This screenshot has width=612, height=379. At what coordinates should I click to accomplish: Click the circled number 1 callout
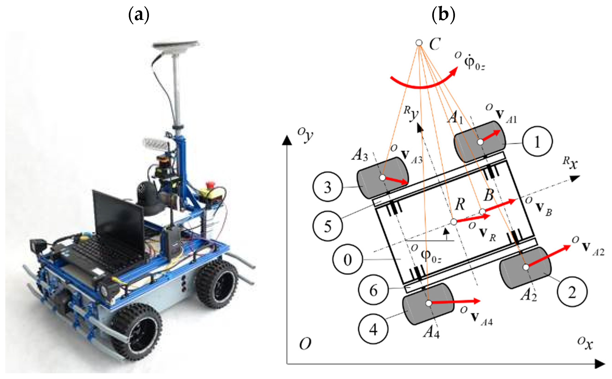(537, 142)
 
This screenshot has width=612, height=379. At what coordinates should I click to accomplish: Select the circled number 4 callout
(373, 329)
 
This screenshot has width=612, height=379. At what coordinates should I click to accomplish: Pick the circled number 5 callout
(328, 226)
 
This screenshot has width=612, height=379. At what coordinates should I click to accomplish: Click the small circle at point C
(419, 43)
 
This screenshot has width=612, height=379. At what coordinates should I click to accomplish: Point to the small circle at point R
(453, 222)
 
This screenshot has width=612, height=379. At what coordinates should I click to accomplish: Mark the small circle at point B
(482, 212)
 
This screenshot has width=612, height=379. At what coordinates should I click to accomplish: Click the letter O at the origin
(305, 344)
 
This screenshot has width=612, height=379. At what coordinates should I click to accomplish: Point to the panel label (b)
(443, 15)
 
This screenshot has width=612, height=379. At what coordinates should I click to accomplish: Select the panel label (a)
(139, 15)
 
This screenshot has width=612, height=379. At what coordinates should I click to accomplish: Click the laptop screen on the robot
(118, 218)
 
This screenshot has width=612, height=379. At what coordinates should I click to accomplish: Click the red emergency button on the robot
(209, 185)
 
